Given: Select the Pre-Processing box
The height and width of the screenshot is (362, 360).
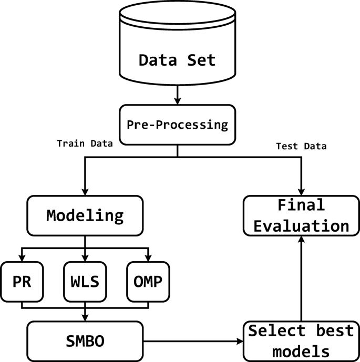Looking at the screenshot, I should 177,125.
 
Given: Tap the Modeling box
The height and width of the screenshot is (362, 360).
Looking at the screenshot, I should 85,215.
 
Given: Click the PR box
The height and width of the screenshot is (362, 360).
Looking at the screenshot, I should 22,282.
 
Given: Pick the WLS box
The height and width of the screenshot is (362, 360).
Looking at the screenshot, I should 85,282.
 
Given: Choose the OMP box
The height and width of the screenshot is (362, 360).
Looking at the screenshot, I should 148,282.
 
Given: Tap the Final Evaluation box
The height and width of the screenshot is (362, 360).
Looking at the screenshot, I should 301,215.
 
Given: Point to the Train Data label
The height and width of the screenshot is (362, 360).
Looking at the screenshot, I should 85,143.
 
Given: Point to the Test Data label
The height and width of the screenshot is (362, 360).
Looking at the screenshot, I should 301,147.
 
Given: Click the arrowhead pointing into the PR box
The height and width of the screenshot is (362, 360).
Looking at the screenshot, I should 22,257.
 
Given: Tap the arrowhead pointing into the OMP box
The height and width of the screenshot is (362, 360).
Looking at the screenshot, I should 148,257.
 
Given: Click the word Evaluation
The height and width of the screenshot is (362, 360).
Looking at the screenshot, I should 301,225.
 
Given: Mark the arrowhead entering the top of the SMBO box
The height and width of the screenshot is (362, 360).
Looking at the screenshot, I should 85,317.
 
